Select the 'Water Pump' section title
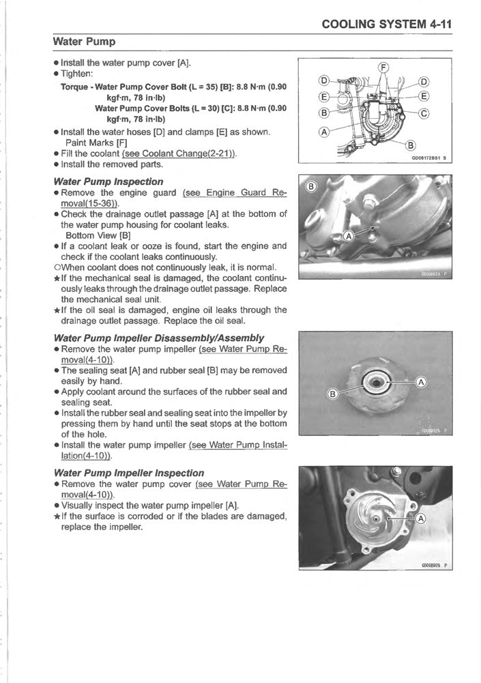[x=84, y=42]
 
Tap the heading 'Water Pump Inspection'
[x=108, y=181]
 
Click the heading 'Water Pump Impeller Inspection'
[x=128, y=473]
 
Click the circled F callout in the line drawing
[x=383, y=67]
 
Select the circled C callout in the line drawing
[x=424, y=113]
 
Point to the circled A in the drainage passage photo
[x=348, y=236]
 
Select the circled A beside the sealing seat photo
[x=421, y=382]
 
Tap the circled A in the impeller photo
[x=421, y=519]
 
